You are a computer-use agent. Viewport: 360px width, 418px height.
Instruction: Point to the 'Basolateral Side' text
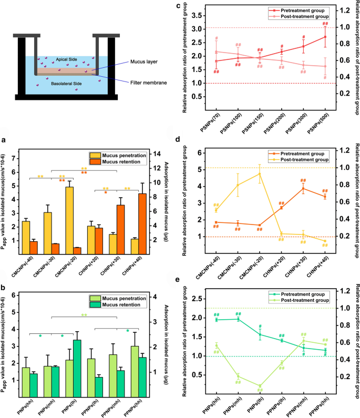pyautogui.click(x=66, y=83)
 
